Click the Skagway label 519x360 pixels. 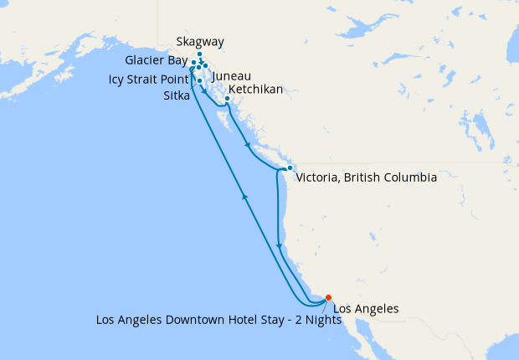201,43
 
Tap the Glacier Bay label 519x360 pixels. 156,60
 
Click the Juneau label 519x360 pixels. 232,76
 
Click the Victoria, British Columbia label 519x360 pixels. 366,178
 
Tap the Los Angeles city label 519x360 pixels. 366,309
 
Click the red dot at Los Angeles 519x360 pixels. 328,297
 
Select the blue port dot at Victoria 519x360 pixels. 289,168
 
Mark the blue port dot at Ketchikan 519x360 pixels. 227,99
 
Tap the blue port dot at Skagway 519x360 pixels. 199,54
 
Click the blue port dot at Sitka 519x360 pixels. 200,80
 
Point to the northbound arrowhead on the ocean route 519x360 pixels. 244,196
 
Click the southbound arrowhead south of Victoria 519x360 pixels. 278,246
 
